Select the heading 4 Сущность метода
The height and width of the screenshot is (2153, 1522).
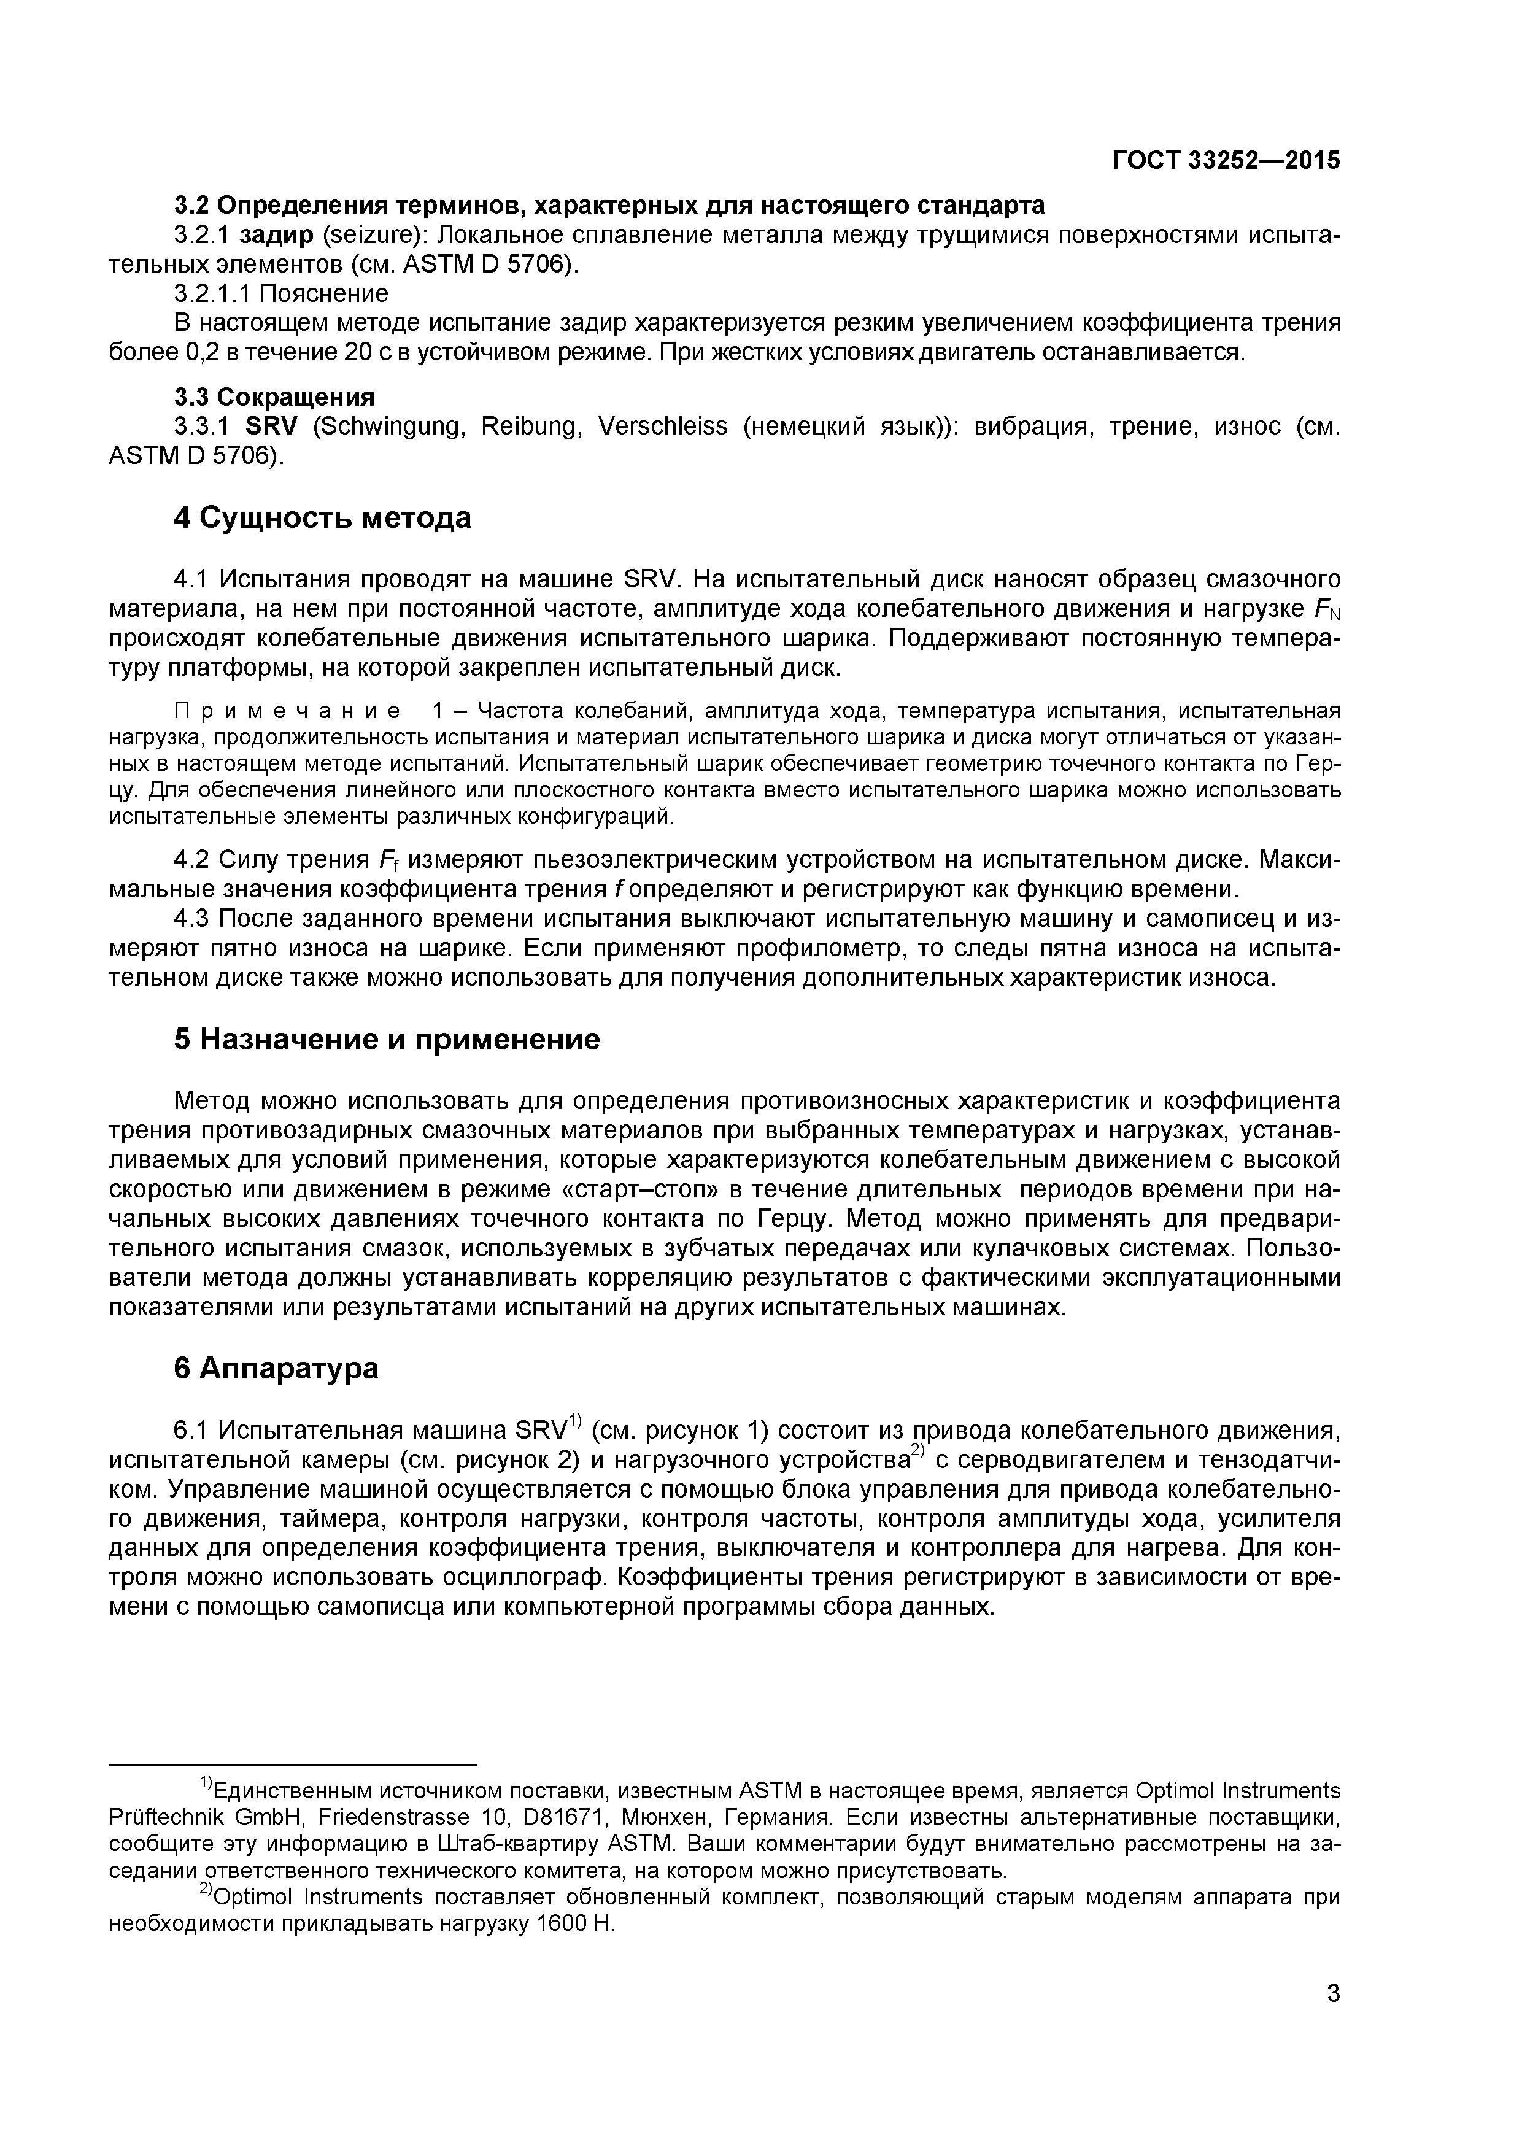click(x=323, y=517)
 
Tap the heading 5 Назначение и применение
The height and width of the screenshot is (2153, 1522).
click(x=387, y=1039)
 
